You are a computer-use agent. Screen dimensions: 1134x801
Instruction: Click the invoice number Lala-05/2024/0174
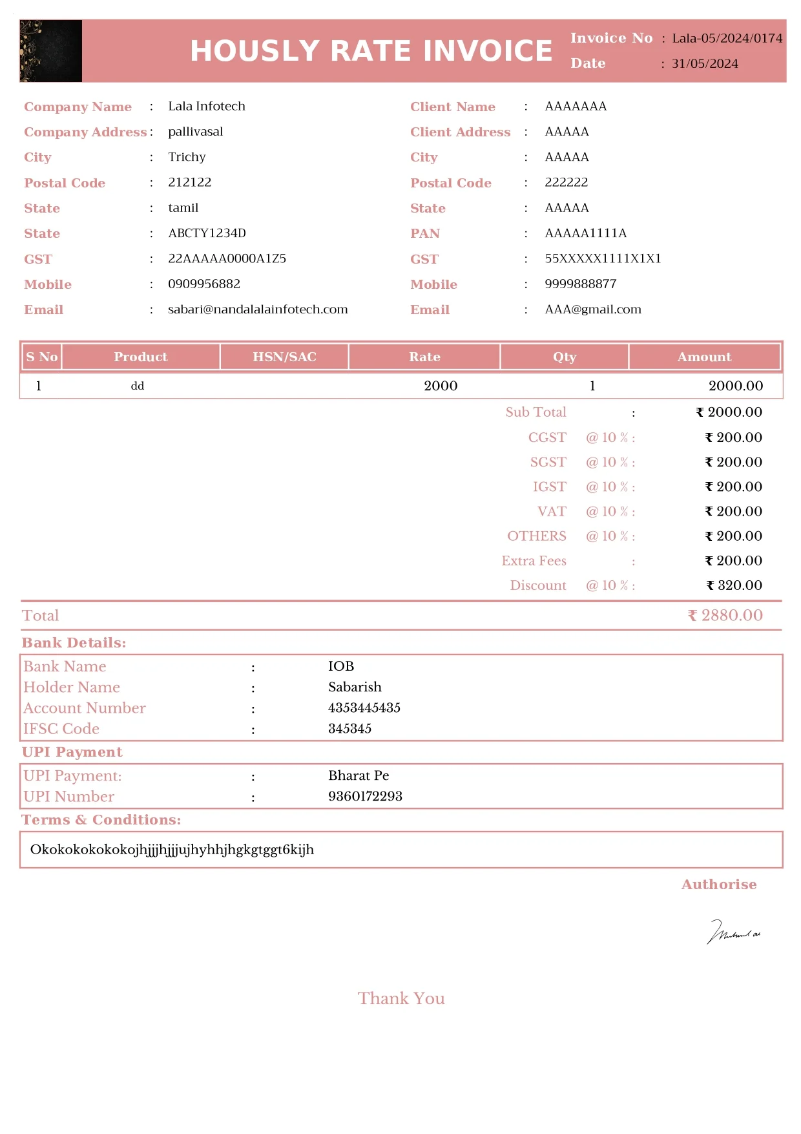727,38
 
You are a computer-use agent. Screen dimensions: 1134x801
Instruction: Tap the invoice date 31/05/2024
705,63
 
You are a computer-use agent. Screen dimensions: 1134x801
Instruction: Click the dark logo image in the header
51,51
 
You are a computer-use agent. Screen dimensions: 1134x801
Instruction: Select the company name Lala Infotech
207,106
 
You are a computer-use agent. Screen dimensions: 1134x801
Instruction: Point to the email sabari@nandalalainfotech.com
258,310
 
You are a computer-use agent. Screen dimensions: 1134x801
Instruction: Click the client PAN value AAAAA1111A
585,233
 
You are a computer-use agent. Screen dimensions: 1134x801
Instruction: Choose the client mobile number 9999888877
580,284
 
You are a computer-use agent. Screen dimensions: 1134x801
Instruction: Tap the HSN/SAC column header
284,357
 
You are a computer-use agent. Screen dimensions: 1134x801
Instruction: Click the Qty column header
564,357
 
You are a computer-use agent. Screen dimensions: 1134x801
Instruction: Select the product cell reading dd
138,386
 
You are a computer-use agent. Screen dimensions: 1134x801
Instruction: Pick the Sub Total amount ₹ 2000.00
729,412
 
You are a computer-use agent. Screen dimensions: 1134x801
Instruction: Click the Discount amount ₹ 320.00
734,585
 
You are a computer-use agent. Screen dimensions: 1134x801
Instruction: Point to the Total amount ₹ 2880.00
725,615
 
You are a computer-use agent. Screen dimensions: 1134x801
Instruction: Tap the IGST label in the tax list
549,487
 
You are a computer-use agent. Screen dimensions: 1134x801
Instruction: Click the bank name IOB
341,666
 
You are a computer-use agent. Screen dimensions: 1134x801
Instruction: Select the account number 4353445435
364,708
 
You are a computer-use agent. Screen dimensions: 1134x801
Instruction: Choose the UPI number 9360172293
365,796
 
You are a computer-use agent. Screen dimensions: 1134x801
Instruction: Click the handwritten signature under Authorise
733,932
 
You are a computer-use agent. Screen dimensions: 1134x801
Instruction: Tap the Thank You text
401,998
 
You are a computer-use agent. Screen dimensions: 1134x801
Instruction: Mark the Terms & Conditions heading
101,819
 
